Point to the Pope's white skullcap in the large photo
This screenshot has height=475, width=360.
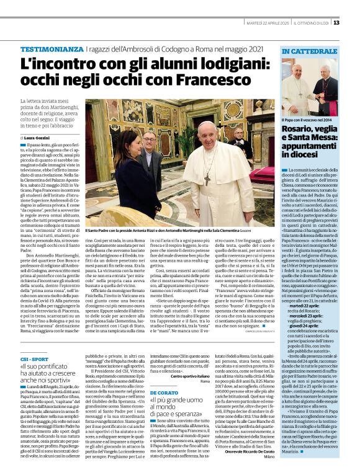(x=207, y=125)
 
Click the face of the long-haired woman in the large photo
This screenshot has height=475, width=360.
(x=137, y=153)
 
